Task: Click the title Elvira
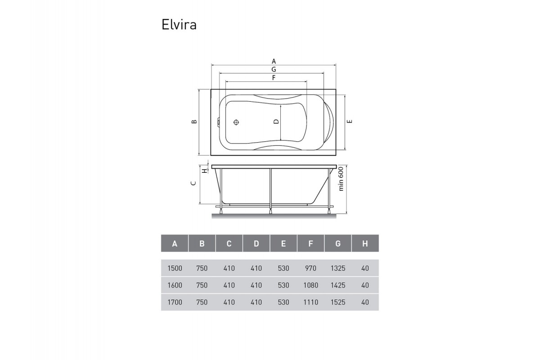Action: [x=179, y=25]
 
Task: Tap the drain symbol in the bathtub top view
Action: [x=237, y=122]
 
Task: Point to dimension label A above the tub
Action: [x=274, y=61]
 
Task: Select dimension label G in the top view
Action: [x=274, y=69]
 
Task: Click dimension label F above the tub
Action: [x=274, y=78]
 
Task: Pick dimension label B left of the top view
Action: [x=193, y=122]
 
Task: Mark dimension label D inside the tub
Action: [x=276, y=122]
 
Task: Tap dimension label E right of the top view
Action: [x=349, y=121]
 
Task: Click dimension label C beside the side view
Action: [x=193, y=183]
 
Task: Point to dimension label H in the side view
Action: [x=204, y=171]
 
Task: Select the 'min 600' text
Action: [x=341, y=179]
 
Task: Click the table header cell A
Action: [x=175, y=244]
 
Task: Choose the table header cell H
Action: [x=365, y=244]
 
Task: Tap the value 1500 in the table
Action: [x=175, y=268]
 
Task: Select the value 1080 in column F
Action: [x=310, y=285]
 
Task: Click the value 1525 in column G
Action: [x=337, y=302]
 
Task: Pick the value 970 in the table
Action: [x=310, y=268]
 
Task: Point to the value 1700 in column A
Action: [x=175, y=302]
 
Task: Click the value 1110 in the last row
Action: [x=310, y=302]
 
